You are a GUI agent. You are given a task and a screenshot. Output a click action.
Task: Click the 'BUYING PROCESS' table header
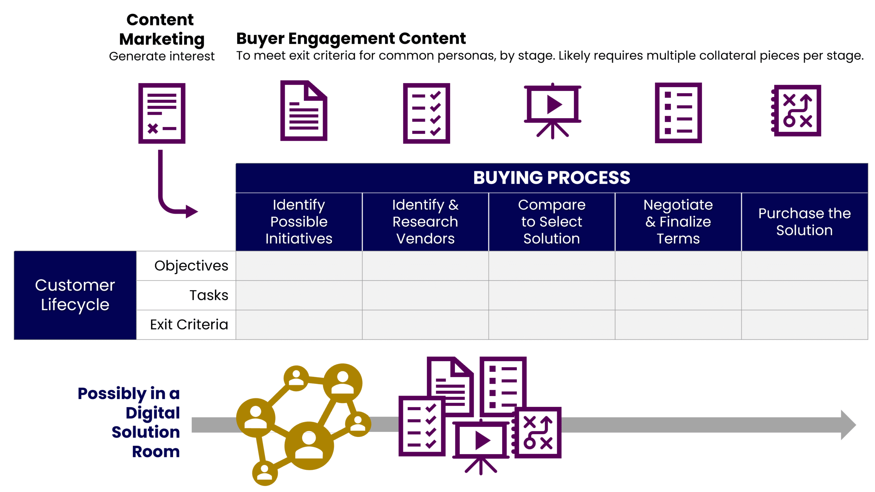(551, 178)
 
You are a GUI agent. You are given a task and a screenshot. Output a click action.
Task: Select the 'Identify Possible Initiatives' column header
(299, 221)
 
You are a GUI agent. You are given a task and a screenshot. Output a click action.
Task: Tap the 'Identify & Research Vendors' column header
(425, 221)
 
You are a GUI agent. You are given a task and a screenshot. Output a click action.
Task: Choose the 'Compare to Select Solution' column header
(551, 221)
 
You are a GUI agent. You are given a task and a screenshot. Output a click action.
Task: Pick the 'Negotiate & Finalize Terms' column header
(678, 221)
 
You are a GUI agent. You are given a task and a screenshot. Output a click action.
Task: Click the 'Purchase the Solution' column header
(804, 221)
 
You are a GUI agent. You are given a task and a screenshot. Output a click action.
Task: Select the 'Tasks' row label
(208, 295)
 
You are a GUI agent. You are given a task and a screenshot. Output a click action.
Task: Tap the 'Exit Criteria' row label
(189, 324)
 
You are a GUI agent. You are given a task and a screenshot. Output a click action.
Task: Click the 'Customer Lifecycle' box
(75, 295)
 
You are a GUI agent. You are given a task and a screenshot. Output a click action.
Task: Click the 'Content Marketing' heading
(161, 29)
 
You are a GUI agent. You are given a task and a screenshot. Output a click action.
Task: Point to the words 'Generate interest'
(161, 56)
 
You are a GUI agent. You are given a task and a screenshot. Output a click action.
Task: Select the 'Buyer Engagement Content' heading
(351, 38)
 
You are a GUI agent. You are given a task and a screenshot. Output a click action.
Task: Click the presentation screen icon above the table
(552, 110)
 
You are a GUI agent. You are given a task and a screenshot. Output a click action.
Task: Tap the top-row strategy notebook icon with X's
(797, 111)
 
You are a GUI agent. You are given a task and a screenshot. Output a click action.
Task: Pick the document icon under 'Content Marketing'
(162, 113)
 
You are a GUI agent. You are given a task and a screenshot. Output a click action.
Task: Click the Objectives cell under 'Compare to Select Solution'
(551, 265)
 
